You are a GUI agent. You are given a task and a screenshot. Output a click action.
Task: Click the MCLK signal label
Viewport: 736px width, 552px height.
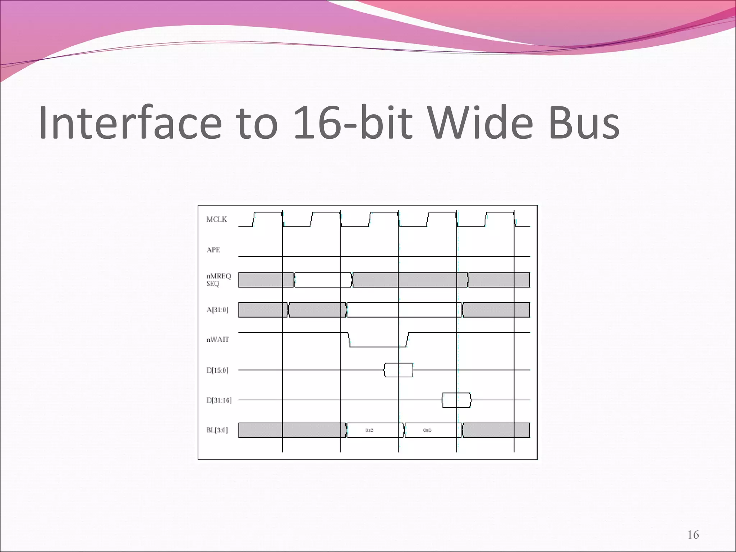(216, 219)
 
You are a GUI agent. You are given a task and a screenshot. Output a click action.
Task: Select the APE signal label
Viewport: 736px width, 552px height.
(213, 250)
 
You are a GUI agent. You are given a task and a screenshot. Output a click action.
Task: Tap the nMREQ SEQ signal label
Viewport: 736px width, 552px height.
(218, 280)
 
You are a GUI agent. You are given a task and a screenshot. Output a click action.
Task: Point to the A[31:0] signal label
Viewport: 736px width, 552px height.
(217, 310)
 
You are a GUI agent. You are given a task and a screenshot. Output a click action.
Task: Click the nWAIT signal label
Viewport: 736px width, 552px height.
(217, 340)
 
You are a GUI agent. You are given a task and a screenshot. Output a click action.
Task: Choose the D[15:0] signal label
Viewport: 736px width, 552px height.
(217, 370)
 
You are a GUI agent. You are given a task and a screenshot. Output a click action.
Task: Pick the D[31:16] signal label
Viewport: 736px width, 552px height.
(219, 400)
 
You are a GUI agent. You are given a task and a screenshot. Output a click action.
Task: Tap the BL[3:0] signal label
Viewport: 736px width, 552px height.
(217, 430)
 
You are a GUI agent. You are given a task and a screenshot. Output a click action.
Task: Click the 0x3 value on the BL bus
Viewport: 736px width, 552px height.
(369, 430)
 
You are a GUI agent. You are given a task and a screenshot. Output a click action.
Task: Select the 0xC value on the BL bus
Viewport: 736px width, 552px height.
(427, 430)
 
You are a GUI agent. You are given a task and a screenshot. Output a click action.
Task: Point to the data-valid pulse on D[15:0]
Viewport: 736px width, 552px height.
(399, 370)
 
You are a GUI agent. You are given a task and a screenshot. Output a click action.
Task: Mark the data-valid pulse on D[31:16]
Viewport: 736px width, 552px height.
(456, 400)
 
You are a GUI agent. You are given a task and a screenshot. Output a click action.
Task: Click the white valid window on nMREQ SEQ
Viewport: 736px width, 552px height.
(323, 280)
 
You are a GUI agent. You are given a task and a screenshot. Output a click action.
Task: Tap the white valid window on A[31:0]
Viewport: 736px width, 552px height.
(404, 310)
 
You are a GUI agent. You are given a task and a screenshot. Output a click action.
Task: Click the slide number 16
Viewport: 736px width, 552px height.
(693, 535)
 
